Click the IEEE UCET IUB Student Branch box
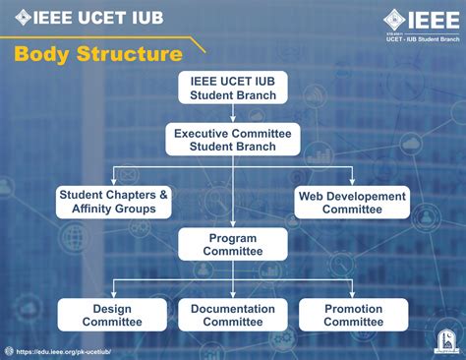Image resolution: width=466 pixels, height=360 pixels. point(232,87)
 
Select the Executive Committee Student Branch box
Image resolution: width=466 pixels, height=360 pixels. point(232,139)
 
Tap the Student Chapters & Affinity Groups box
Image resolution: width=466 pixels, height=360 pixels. point(113,202)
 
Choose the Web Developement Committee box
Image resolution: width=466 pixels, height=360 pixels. point(352,203)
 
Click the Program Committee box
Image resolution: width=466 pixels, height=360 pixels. point(232,244)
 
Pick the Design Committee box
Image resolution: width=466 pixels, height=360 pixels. point(112,315)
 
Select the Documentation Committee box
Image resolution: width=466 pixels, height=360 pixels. point(232,315)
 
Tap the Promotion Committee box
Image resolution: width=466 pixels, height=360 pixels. point(353,315)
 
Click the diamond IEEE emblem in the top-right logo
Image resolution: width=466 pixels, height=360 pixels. point(394,19)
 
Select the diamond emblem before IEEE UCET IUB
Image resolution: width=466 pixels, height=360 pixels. point(24,17)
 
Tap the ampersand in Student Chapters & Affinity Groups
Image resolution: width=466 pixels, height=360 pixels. point(163,195)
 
